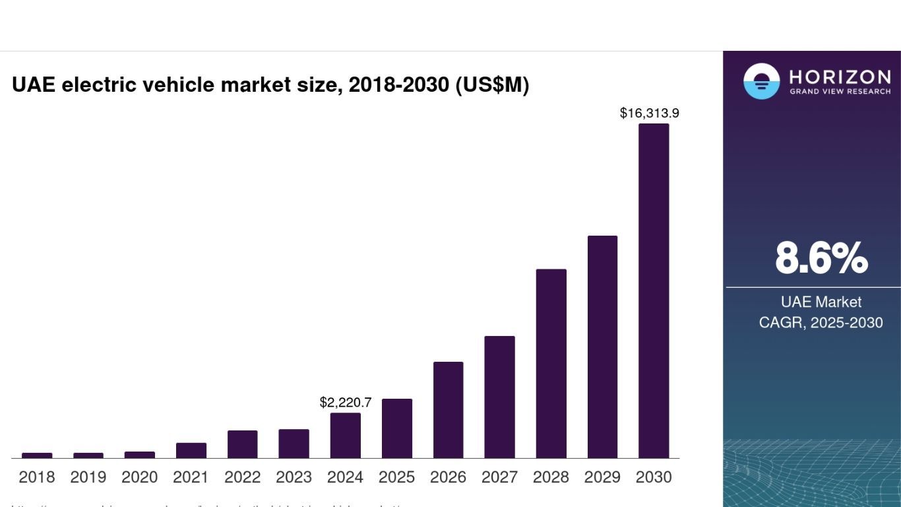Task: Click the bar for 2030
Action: [654, 290]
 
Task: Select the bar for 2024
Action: [346, 435]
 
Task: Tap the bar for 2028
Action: [551, 363]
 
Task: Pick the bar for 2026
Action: [448, 409]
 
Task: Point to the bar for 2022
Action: [243, 444]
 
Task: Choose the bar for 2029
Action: [602, 347]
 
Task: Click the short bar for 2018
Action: [37, 456]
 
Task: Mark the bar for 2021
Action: [191, 450]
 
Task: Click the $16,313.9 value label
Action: [649, 113]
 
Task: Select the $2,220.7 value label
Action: [346, 402]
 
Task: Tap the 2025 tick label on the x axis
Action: [396, 477]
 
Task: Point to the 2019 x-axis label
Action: [88, 477]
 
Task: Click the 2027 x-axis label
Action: [499, 477]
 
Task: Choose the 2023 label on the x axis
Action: [294, 477]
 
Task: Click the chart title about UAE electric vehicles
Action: [270, 85]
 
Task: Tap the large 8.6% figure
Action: [821, 258]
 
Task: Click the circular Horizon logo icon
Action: [761, 81]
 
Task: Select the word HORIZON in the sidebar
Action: [840, 77]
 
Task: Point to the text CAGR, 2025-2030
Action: [821, 323]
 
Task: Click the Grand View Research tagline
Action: [840, 91]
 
